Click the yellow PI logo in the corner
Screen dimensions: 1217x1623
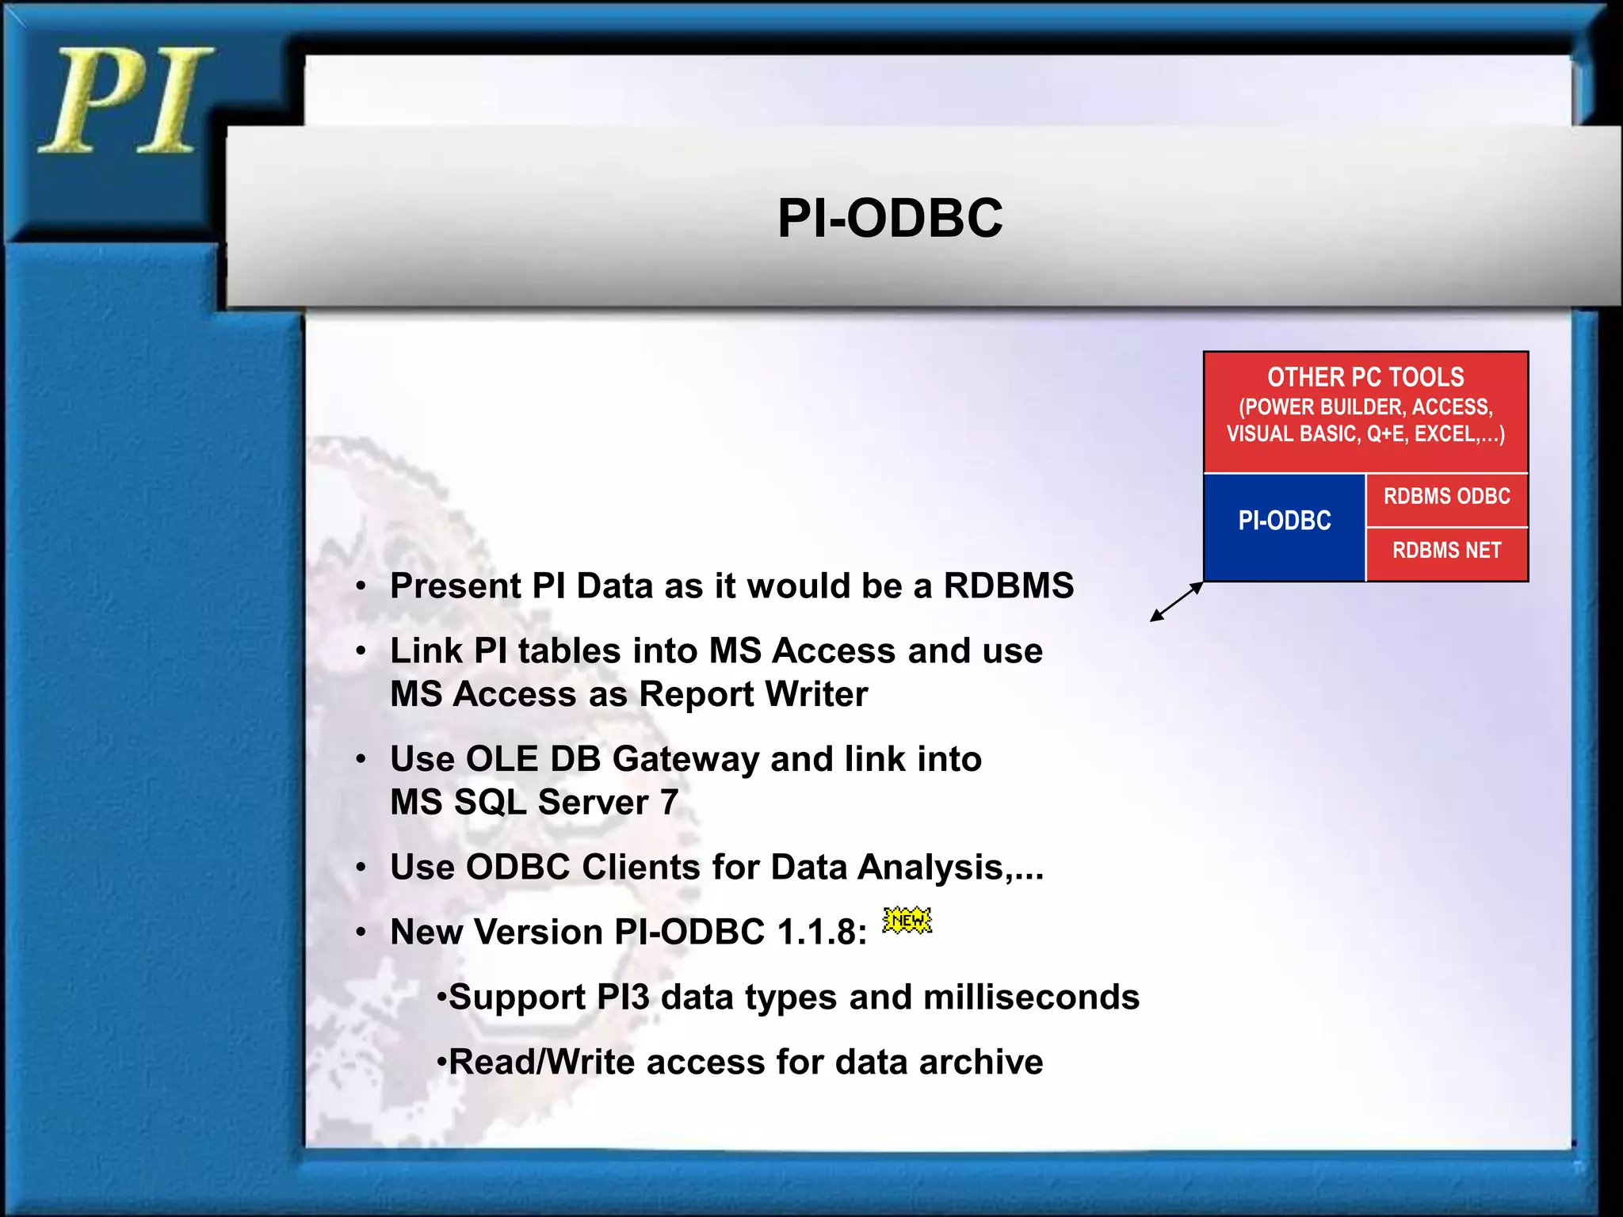click(125, 101)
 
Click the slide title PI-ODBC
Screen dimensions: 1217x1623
click(889, 218)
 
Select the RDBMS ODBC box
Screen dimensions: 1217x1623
click(1446, 497)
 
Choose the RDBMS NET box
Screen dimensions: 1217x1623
click(1446, 551)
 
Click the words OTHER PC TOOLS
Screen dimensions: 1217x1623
click(1365, 377)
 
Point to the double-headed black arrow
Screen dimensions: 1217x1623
click(1177, 602)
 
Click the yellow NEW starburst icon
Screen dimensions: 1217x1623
click(907, 920)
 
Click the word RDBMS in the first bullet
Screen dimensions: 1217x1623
click(1008, 586)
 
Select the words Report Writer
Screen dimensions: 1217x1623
click(753, 695)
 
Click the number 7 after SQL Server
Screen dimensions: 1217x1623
click(669, 803)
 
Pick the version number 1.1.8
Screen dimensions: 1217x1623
click(820, 933)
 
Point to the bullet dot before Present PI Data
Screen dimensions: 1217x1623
click(361, 587)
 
